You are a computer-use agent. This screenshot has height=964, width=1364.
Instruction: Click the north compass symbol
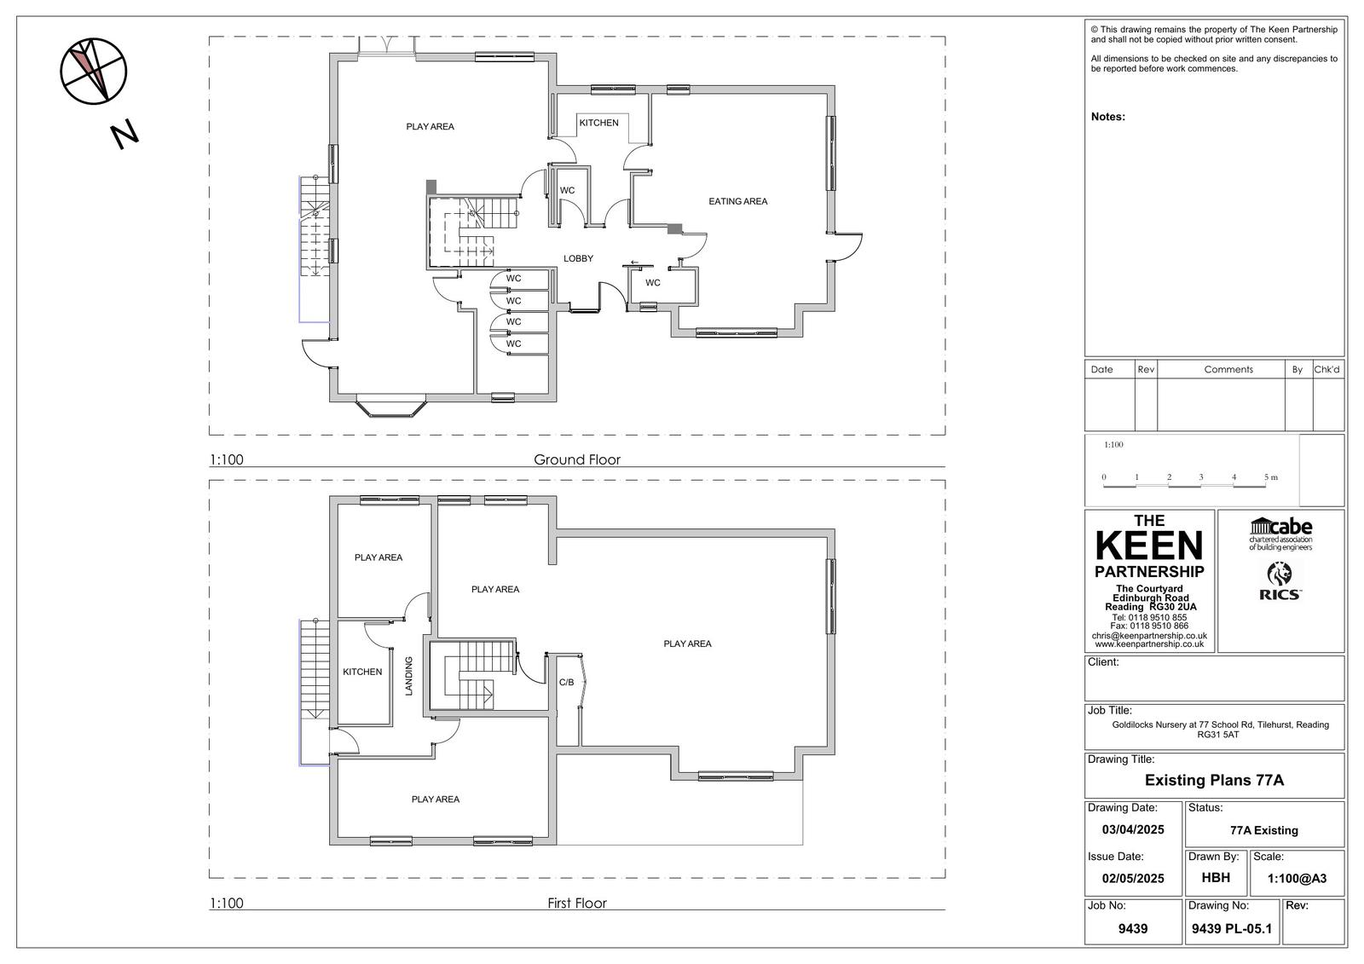pos(94,72)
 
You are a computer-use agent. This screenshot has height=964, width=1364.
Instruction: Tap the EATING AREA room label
pos(738,201)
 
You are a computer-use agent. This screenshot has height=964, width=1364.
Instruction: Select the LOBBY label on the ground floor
pos(578,259)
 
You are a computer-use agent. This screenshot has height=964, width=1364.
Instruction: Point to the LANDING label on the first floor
pos(409,676)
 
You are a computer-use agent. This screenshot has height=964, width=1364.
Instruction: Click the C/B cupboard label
pos(566,683)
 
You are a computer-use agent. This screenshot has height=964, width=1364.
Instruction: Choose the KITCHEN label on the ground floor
pos(598,123)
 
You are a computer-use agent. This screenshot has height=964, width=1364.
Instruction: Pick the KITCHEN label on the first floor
pos(362,672)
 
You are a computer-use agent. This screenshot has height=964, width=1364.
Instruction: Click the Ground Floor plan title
pos(576,459)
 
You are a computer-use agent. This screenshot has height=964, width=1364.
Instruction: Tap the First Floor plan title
pos(576,903)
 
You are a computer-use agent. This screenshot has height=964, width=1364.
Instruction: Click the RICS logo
pos(1280,581)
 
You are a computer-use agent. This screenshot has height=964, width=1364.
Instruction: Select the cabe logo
pos(1280,534)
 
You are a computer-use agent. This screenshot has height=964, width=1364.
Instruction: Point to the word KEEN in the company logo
pos(1149,545)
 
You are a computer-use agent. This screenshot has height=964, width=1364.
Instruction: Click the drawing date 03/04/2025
pos(1133,829)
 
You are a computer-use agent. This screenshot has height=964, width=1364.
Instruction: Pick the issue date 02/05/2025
pos(1133,878)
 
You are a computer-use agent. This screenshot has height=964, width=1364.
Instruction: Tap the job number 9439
pos(1133,929)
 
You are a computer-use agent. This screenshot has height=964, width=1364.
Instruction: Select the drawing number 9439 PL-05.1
pos(1231,929)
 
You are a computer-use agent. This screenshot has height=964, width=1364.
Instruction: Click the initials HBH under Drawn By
pos(1216,878)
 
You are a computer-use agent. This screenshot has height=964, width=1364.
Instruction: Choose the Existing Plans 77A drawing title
pos(1214,780)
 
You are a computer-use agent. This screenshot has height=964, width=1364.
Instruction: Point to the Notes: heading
pos(1107,117)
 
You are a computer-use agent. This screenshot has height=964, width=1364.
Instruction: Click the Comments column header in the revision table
pos(1228,370)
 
